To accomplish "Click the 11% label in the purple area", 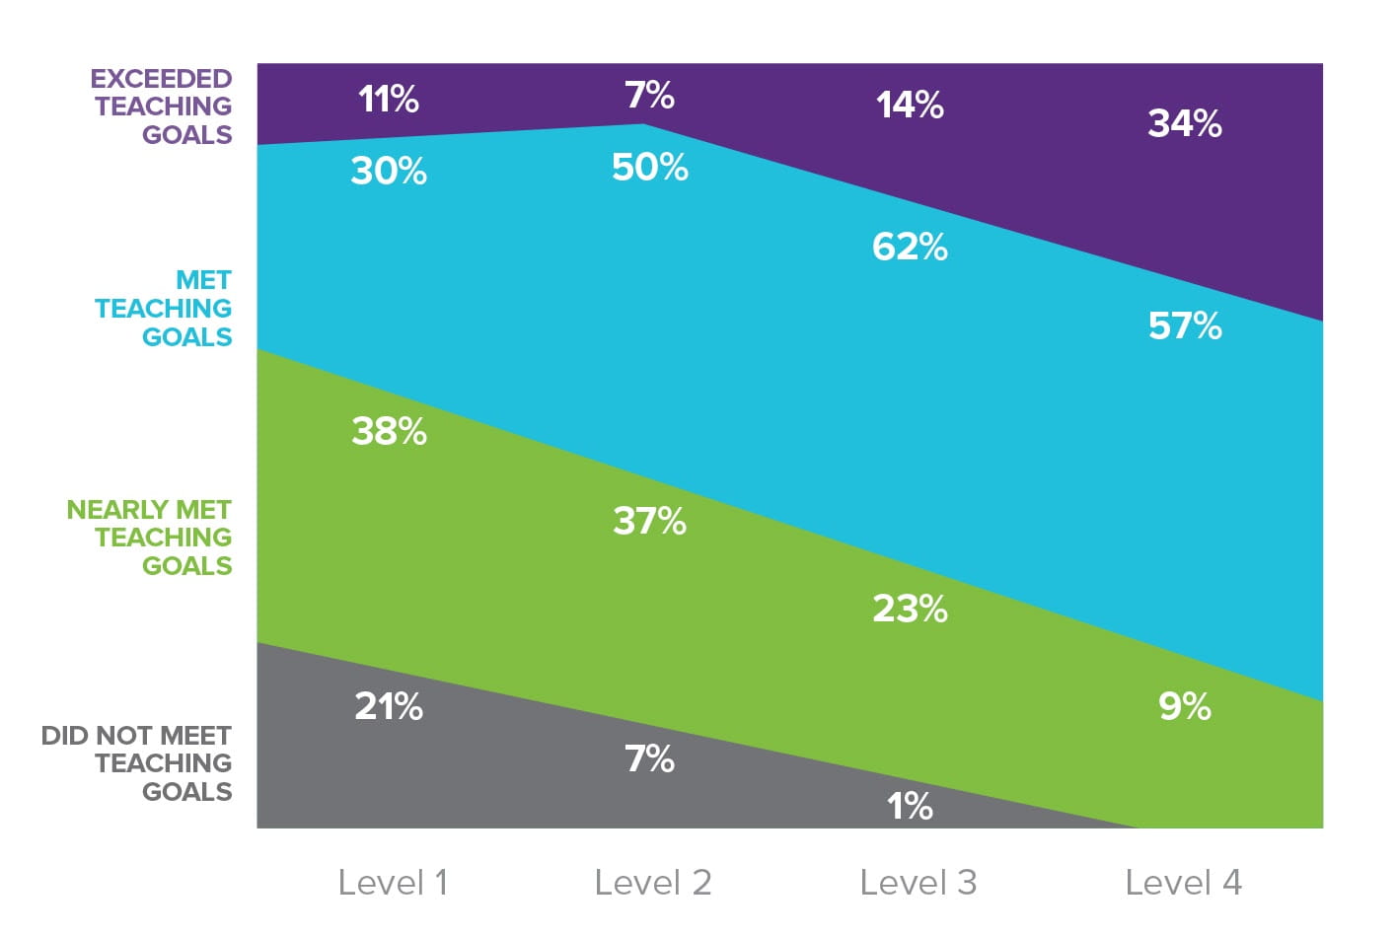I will (388, 99).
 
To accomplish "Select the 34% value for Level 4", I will (1184, 123).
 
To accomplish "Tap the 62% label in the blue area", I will (909, 247).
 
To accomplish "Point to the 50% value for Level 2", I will (649, 167).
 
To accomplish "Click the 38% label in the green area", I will (389, 431).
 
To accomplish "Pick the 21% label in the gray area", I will (388, 706).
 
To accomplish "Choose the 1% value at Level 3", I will (909, 807).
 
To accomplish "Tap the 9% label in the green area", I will (1184, 706).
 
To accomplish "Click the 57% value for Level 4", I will (1184, 325).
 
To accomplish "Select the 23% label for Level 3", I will (909, 609).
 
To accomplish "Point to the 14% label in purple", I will (909, 105).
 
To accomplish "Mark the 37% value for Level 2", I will (649, 520).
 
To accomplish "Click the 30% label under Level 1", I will (388, 172).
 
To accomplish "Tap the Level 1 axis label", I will (393, 882).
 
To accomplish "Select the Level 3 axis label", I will (918, 882).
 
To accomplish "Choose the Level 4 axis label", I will (1183, 882).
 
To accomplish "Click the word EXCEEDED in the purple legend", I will (161, 79).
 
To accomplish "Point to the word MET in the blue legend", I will (203, 280).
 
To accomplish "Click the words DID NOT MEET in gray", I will (136, 736).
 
